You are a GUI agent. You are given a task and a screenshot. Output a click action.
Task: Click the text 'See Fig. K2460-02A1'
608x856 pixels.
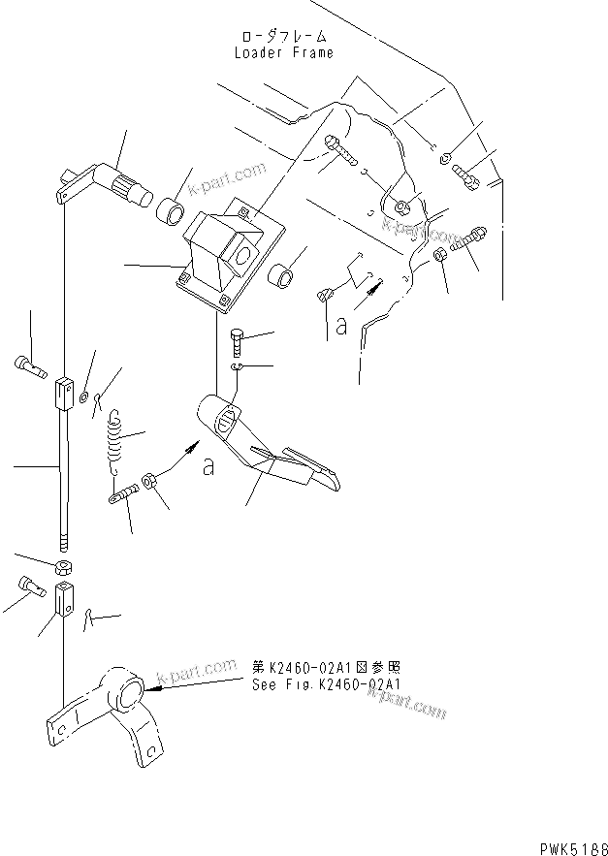(x=325, y=683)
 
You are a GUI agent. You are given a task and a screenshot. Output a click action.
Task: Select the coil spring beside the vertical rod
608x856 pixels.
(x=115, y=437)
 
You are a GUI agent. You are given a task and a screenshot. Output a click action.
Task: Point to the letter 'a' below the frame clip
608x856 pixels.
(x=341, y=327)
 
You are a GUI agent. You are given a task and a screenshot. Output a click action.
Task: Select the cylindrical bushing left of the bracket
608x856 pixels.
(x=170, y=209)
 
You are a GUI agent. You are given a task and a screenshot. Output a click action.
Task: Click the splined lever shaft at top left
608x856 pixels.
(x=109, y=184)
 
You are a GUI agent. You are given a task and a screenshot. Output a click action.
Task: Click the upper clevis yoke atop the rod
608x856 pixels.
(x=63, y=393)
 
